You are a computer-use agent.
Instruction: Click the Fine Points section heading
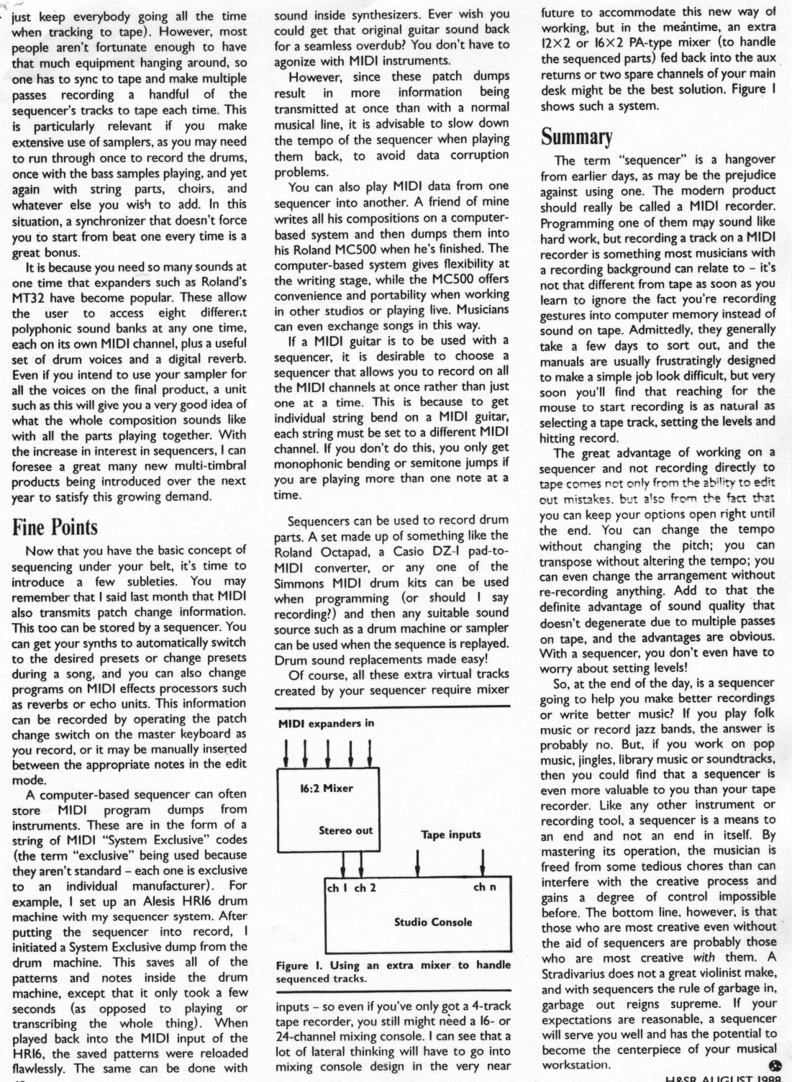(x=55, y=527)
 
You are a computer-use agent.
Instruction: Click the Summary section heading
(x=577, y=136)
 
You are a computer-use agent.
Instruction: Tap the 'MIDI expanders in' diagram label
(x=325, y=723)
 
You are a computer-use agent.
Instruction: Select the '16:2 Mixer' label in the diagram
(x=326, y=788)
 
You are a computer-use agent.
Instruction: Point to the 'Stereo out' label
(x=345, y=830)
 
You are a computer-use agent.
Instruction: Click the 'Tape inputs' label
(x=451, y=835)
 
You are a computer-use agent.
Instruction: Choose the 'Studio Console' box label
(x=433, y=922)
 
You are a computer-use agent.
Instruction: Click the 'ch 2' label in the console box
(x=365, y=888)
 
